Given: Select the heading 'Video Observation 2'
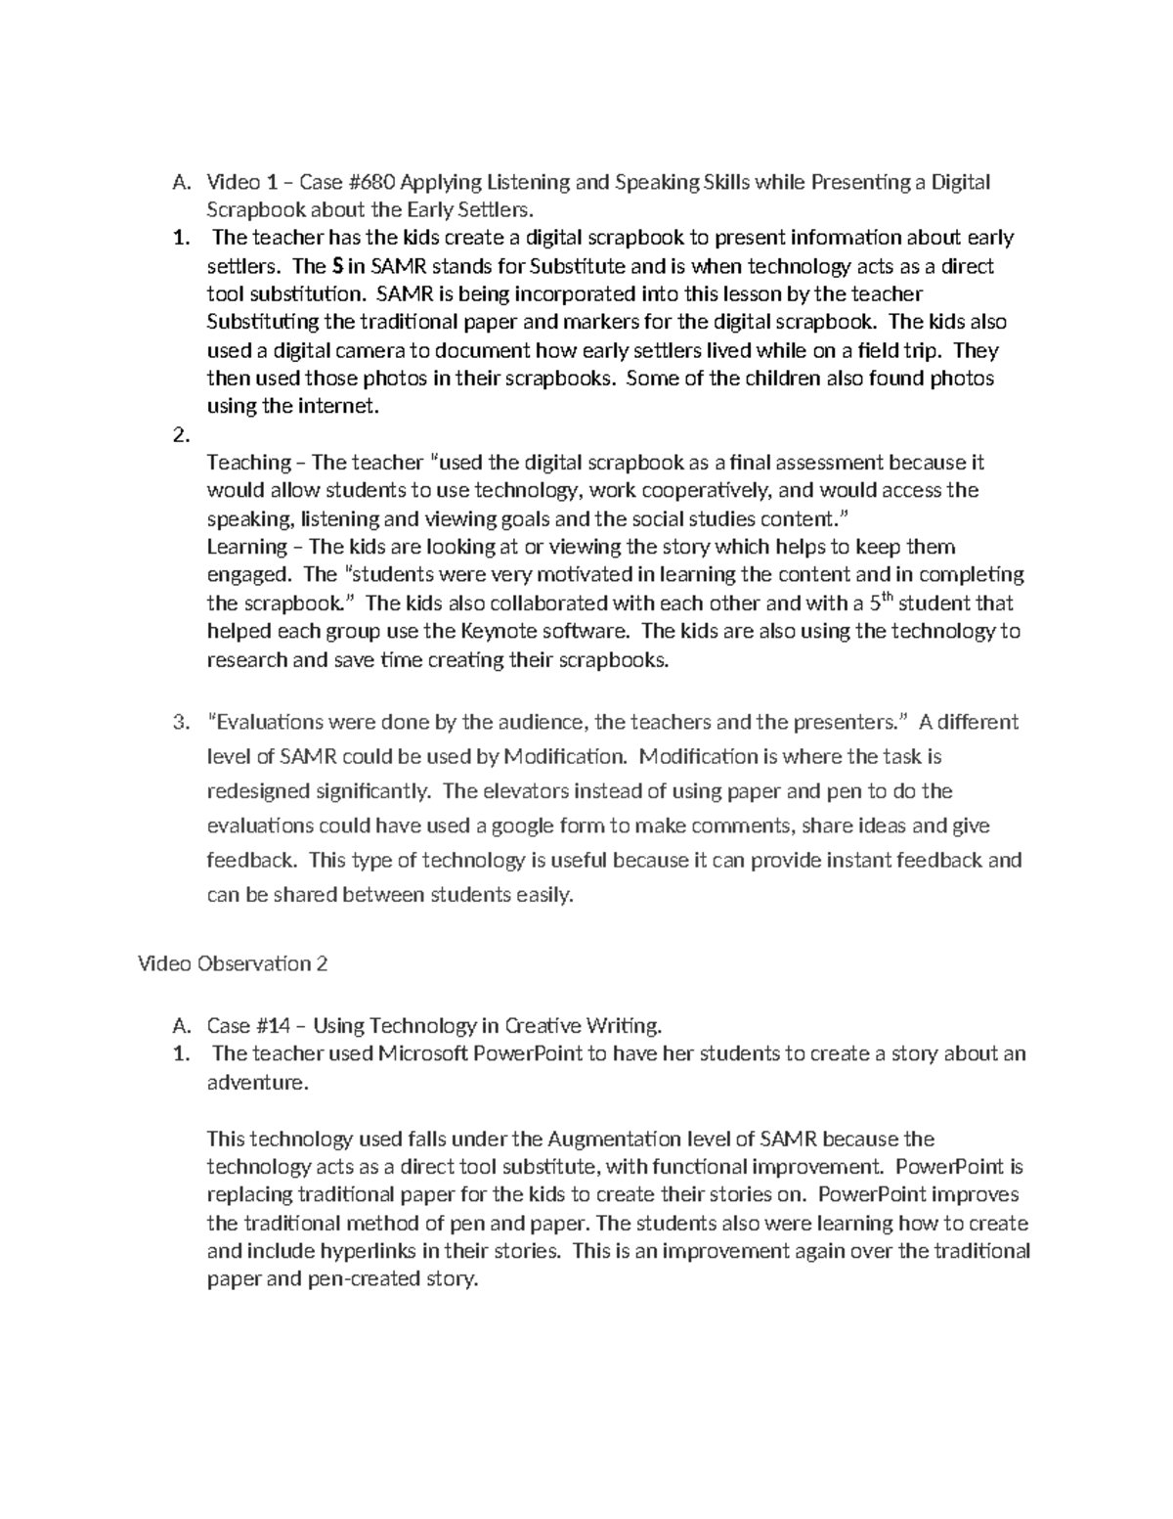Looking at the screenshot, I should (232, 963).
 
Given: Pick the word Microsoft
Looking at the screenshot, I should (423, 1053).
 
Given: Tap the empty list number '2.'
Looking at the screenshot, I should (181, 435).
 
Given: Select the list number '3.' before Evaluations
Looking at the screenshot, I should (181, 723).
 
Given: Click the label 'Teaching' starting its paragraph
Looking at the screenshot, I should (248, 463).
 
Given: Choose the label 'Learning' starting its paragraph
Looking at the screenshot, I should (247, 547).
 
